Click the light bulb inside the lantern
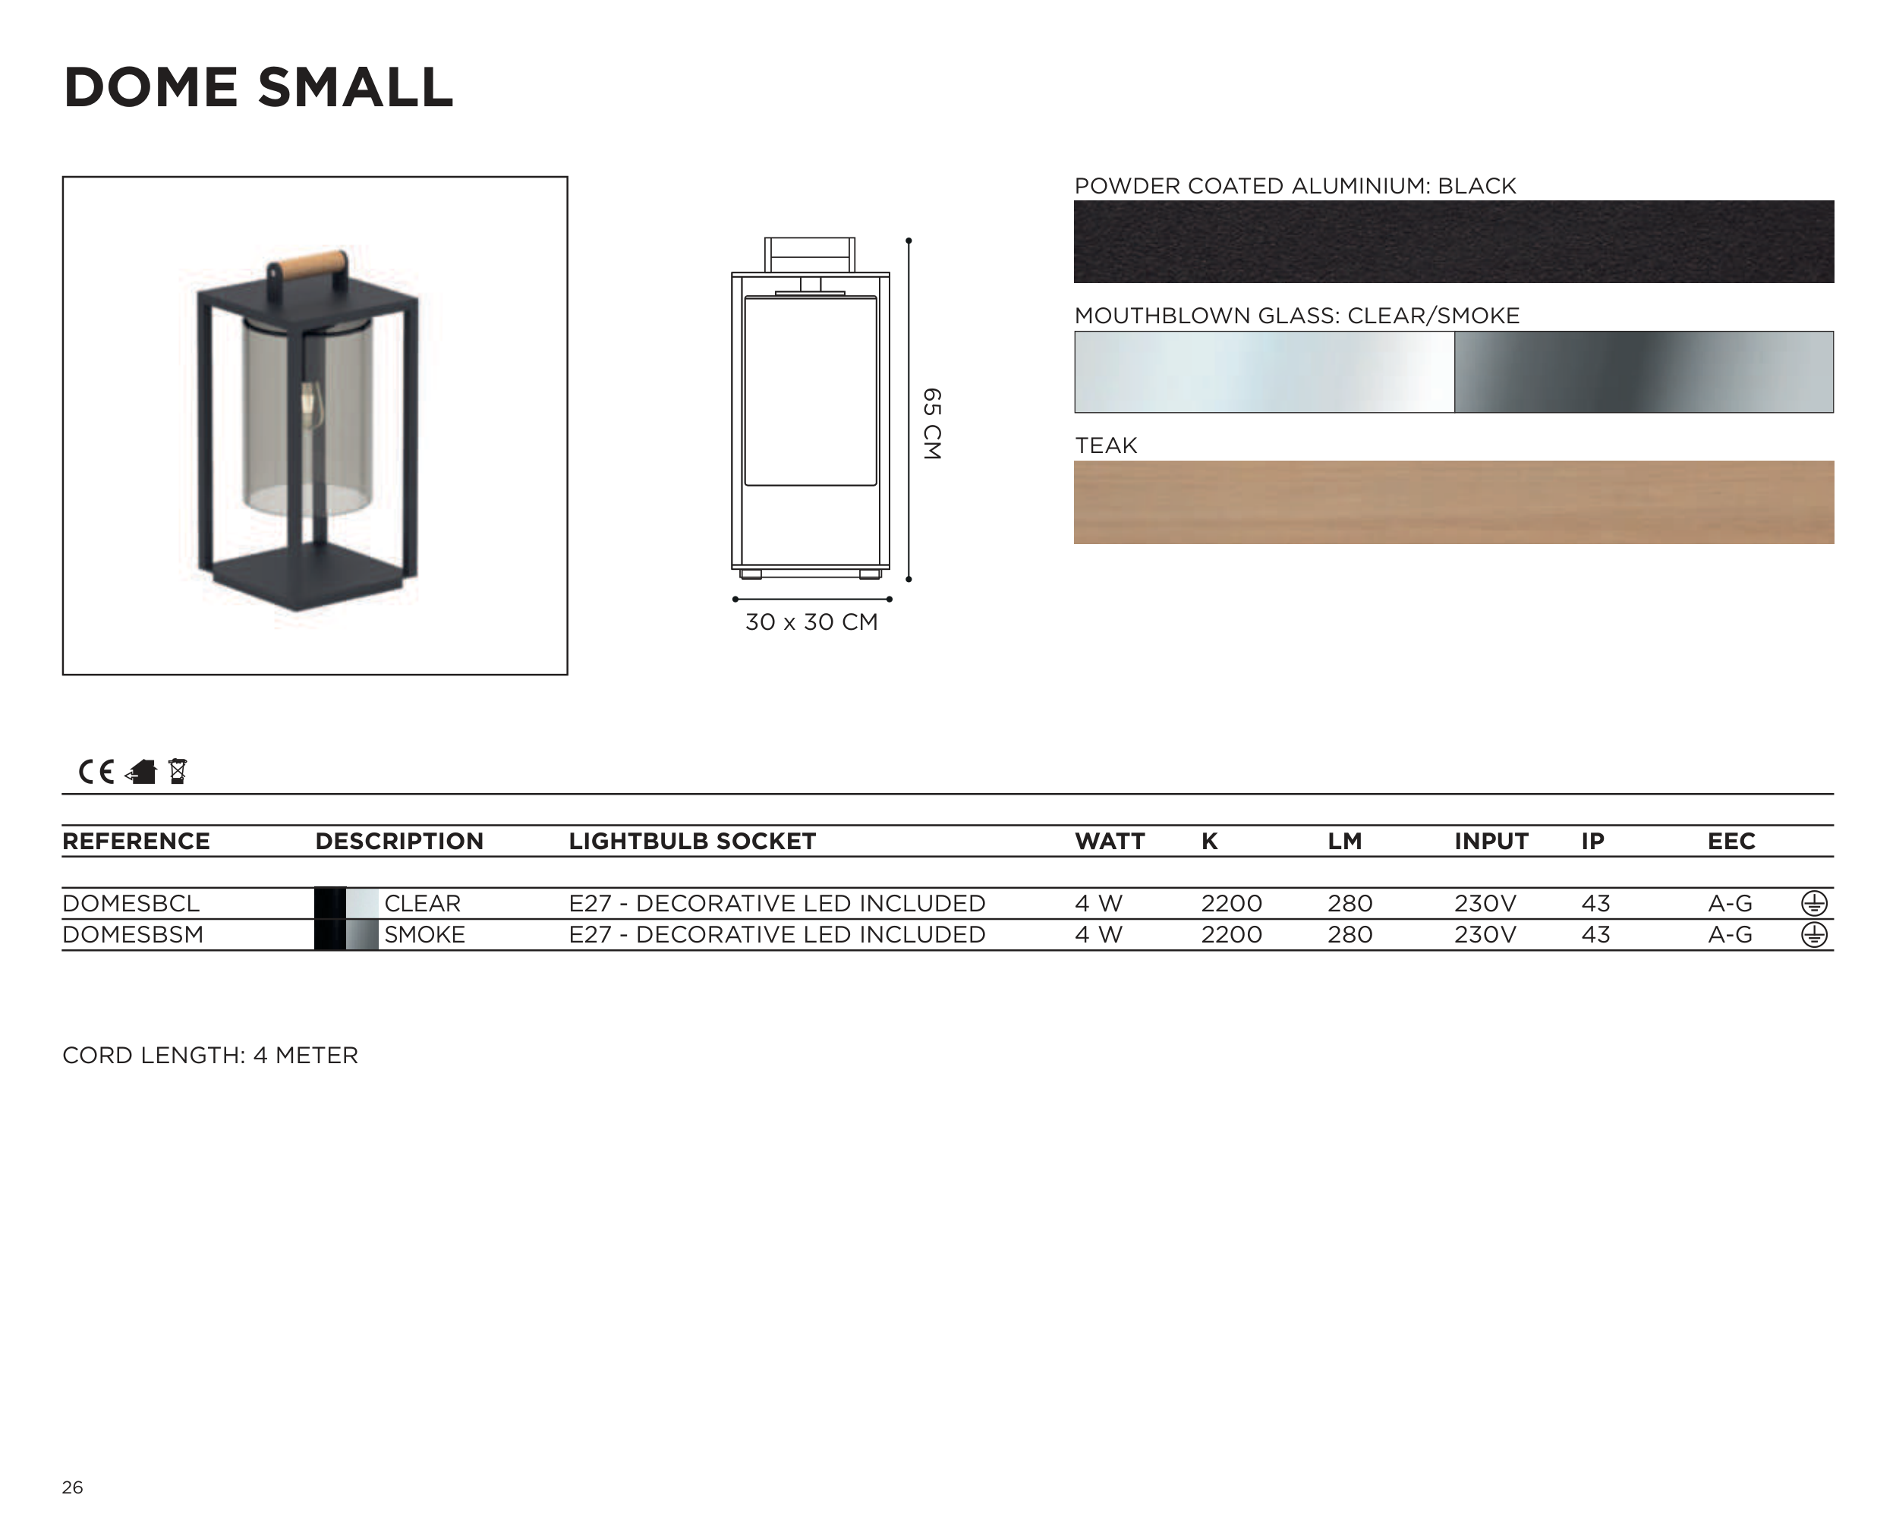pos(309,404)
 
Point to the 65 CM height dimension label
pos(932,424)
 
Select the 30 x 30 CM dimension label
pos(811,622)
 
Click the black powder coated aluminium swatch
pos(1453,242)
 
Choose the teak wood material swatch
pos(1453,502)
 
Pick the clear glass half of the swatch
pos(1265,372)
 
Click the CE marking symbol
pos(96,772)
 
